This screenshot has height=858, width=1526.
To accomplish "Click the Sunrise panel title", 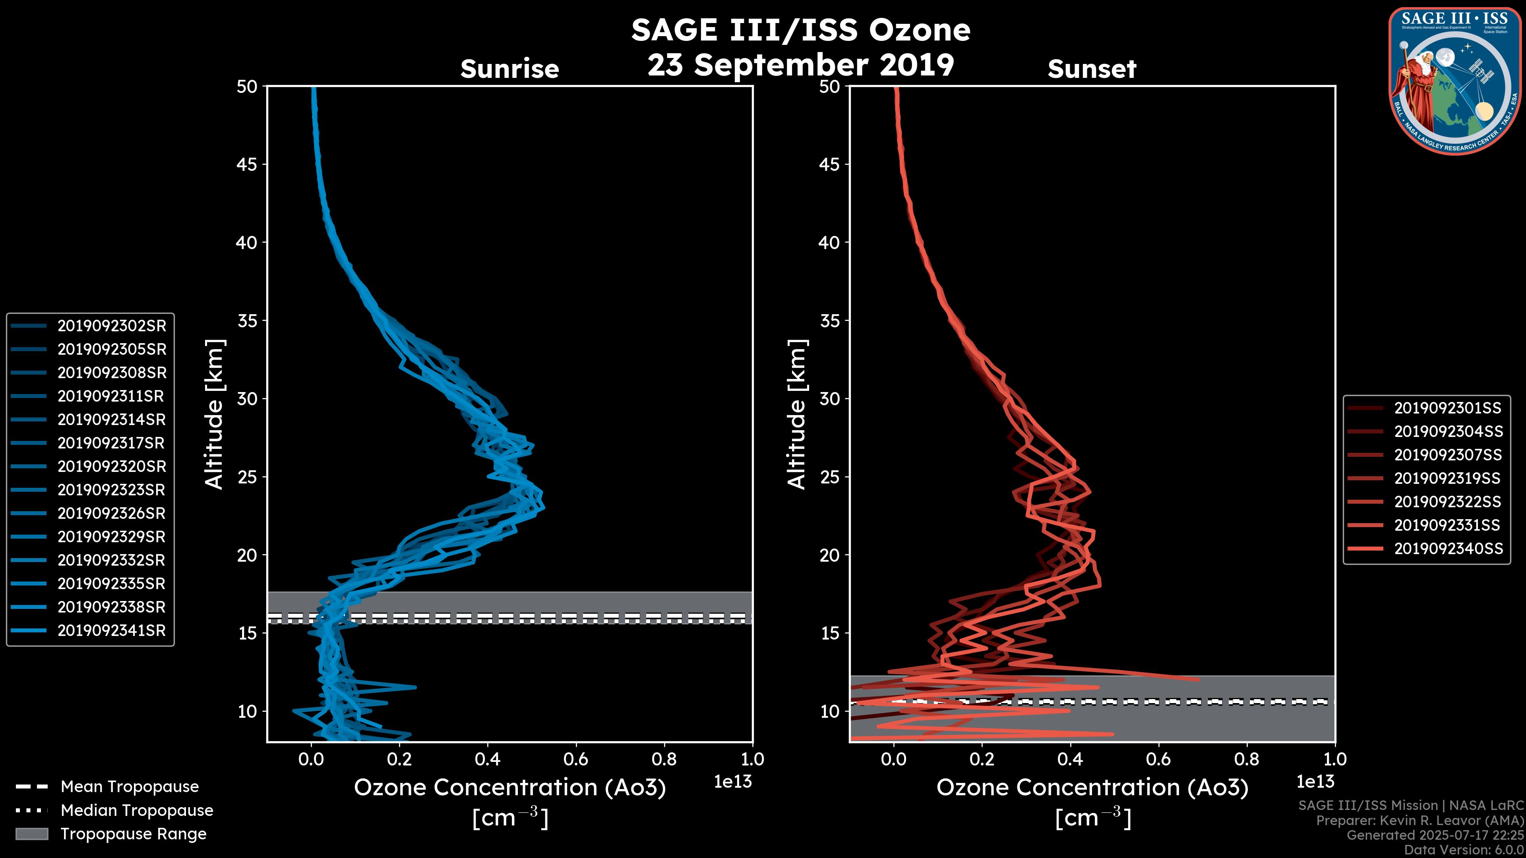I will [509, 69].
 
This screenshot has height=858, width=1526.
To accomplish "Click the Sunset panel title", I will [1092, 69].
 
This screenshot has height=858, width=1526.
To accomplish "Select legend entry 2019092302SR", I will [111, 326].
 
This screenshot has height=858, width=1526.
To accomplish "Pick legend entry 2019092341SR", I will [111, 631].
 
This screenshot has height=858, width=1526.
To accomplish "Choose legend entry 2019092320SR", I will [111, 467].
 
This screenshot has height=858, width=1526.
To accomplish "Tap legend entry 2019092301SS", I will [1448, 408].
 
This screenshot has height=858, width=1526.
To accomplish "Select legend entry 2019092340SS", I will [1448, 549].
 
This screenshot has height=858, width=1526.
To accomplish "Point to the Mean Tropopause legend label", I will [130, 787].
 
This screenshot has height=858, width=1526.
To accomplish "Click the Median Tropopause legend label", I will [137, 811].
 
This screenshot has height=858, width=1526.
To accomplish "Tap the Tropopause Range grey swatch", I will [32, 834].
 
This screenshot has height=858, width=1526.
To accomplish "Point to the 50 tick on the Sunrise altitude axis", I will [247, 87].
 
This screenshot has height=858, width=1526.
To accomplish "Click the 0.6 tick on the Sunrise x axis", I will [576, 759].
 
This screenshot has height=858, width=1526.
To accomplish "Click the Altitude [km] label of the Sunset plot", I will [797, 414].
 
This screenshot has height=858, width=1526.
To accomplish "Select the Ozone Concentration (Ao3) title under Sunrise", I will [509, 788].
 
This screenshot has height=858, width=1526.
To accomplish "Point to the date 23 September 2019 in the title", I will [800, 65].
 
